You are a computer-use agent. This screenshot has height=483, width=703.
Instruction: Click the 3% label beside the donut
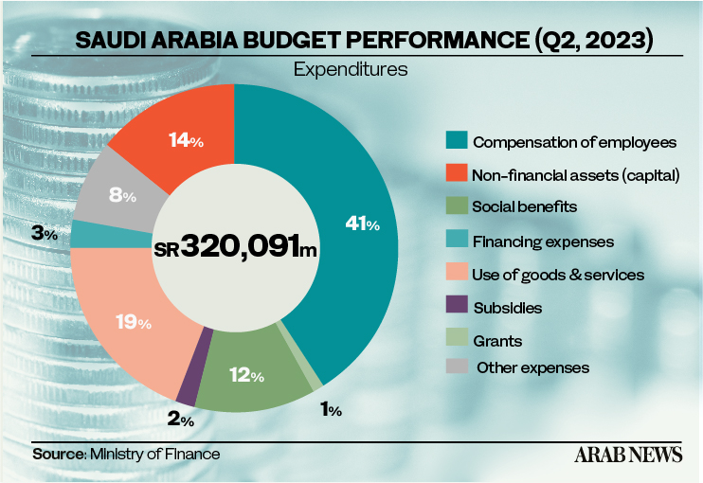tap(44, 232)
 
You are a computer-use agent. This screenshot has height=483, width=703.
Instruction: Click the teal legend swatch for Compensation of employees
tap(456, 142)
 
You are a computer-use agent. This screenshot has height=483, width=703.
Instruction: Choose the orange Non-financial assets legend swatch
tap(456, 174)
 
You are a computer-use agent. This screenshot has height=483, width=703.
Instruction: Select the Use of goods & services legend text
tap(558, 275)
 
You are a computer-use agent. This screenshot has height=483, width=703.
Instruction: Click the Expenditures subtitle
tap(350, 69)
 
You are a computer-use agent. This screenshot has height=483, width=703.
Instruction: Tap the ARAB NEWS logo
tap(627, 455)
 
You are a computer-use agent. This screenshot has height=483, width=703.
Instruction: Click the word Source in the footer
tap(59, 455)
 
